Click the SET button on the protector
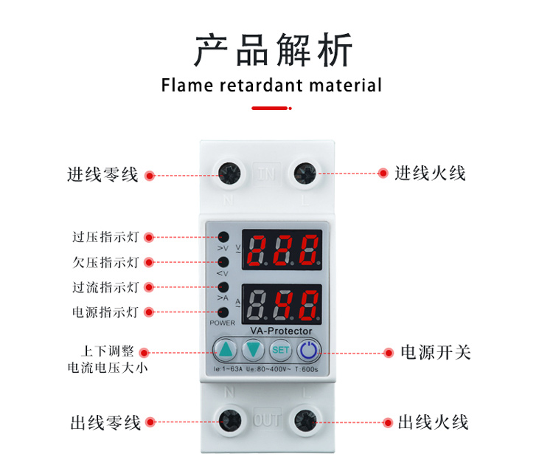click(280, 349)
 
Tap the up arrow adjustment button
click(226, 349)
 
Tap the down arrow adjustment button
click(254, 349)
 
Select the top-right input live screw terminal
click(305, 173)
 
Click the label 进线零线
click(102, 175)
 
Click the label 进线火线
click(430, 173)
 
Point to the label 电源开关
click(435, 352)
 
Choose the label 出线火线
click(433, 422)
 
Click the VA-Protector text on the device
click(281, 330)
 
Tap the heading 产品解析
click(273, 50)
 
